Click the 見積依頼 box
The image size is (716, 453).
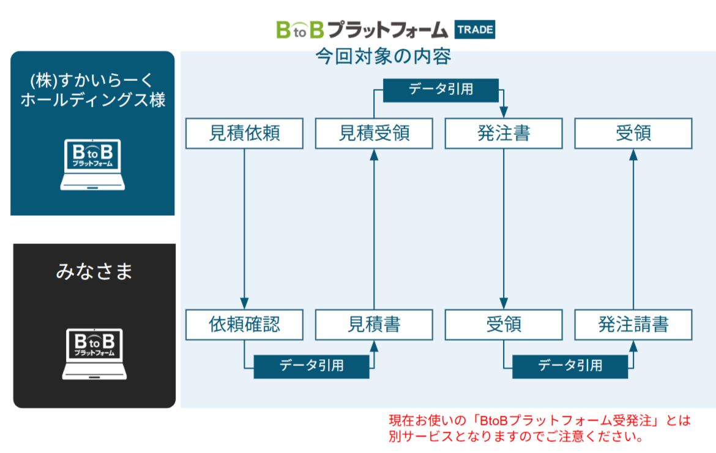tap(244, 133)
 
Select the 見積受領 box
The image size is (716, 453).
tap(374, 133)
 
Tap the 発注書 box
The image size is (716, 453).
tap(504, 133)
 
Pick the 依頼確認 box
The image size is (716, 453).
tap(244, 324)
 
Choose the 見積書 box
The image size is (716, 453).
tap(374, 324)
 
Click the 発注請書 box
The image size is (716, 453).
tap(633, 324)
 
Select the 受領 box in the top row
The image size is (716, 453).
tap(633, 133)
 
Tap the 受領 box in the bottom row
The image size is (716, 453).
tap(504, 324)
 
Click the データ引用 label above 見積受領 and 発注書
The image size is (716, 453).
tap(441, 89)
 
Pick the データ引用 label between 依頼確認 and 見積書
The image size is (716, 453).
tap(311, 366)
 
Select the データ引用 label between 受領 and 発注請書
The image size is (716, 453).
tap(570, 366)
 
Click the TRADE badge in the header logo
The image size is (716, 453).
tap(475, 29)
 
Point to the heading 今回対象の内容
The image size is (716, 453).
tap(384, 57)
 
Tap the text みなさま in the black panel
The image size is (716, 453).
tap(94, 272)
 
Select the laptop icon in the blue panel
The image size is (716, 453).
tap(93, 165)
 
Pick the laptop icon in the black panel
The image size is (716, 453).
tap(94, 354)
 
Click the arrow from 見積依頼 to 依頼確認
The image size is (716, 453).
tap(244, 227)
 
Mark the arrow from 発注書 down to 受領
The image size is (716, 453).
tap(504, 227)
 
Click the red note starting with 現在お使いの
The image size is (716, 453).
tap(539, 428)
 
